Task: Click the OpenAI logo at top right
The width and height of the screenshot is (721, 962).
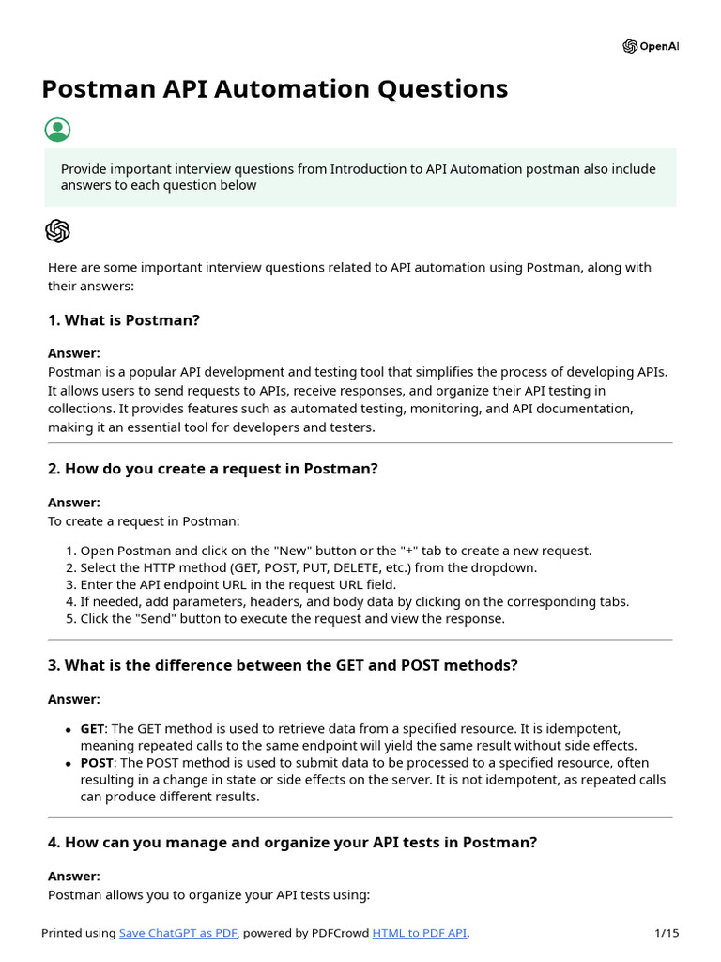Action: click(x=650, y=46)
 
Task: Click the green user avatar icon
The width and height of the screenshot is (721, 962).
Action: click(x=57, y=130)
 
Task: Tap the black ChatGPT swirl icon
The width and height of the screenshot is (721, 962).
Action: click(x=57, y=231)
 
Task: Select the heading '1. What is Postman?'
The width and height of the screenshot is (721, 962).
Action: click(x=124, y=320)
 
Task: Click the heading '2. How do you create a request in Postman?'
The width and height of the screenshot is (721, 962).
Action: click(x=212, y=468)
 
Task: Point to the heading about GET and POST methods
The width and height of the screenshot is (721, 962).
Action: click(x=283, y=665)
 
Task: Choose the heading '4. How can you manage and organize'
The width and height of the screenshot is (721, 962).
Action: click(x=292, y=843)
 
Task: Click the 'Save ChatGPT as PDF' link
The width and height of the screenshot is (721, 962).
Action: click(x=178, y=933)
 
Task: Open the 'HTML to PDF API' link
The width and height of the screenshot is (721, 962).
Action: click(x=420, y=933)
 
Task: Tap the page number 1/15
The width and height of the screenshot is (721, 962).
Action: click(x=667, y=933)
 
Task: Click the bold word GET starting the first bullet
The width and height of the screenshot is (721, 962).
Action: click(x=92, y=729)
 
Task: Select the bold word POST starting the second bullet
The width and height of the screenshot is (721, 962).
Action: click(x=96, y=763)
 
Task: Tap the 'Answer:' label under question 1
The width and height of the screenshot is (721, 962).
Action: click(x=73, y=353)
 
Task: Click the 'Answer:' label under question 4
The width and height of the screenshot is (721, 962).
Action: click(x=73, y=876)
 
